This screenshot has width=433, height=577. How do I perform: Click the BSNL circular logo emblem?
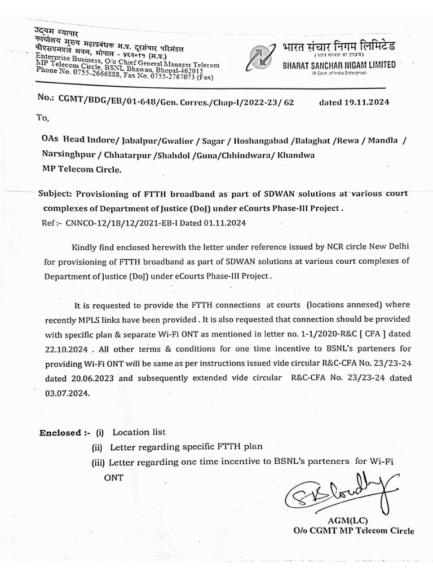click(264, 56)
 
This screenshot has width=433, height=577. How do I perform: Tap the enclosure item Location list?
click(139, 432)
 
